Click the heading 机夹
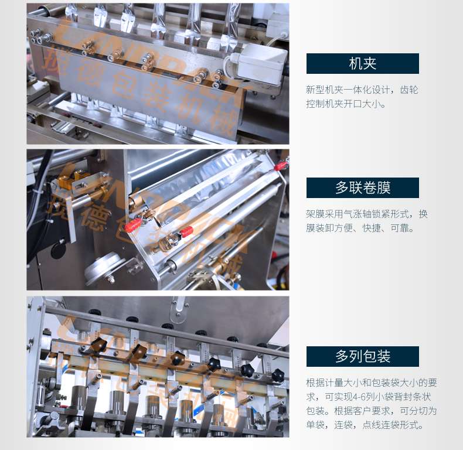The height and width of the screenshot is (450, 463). point(362,63)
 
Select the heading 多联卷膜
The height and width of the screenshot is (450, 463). point(362,187)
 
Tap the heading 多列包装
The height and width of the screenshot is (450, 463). point(362,356)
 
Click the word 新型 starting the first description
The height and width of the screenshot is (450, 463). point(315,90)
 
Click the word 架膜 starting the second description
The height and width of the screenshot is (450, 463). point(315,214)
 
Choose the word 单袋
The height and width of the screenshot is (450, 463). point(315,425)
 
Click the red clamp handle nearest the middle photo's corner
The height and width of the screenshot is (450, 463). point(281,166)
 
